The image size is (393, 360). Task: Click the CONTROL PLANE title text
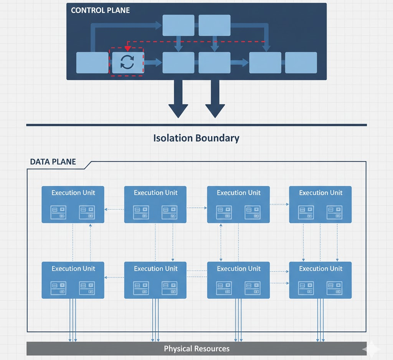pyautogui.click(x=100, y=10)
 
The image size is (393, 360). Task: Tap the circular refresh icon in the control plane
pyautogui.click(x=127, y=62)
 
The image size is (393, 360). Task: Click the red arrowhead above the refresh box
pyautogui.click(x=128, y=48)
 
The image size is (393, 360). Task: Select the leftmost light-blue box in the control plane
pyautogui.click(x=92, y=63)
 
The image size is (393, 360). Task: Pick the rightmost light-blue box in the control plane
pyautogui.click(x=301, y=63)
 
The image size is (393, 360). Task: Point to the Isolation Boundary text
pyautogui.click(x=196, y=138)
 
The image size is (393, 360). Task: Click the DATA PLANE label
pyautogui.click(x=53, y=162)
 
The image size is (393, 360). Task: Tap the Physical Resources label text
pyautogui.click(x=196, y=348)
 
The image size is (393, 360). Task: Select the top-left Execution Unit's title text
pyautogui.click(x=73, y=193)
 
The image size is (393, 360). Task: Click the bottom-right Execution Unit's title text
pyautogui.click(x=320, y=269)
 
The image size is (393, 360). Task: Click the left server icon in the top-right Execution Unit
pyautogui.click(x=306, y=212)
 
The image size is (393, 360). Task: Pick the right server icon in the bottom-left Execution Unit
pyautogui.click(x=87, y=288)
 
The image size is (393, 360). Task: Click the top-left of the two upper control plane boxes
pyautogui.click(x=178, y=25)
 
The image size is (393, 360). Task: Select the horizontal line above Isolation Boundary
pyautogui.click(x=196, y=125)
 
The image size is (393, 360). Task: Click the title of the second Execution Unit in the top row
pyautogui.click(x=155, y=193)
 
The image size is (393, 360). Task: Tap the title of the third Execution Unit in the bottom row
pyautogui.click(x=238, y=269)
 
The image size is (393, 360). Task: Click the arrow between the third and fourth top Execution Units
pyautogui.click(x=279, y=204)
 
